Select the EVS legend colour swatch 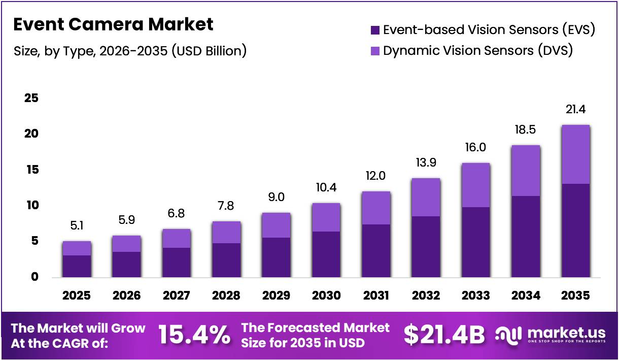[x=375, y=30]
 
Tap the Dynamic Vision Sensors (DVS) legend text [x=477, y=51]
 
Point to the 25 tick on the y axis [x=31, y=98]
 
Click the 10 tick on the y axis [x=31, y=205]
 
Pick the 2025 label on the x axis [x=77, y=296]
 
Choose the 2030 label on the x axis [x=326, y=296]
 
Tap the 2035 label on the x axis [x=576, y=296]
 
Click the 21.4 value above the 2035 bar [x=576, y=109]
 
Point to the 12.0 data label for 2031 [x=376, y=176]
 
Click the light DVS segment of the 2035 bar [x=576, y=154]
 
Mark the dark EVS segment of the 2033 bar [x=476, y=242]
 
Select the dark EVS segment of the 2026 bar [x=126, y=264]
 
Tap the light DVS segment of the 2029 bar [x=276, y=225]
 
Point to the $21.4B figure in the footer [x=444, y=335]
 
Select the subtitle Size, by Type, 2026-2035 [x=129, y=51]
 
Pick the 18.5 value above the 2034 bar [x=526, y=130]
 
